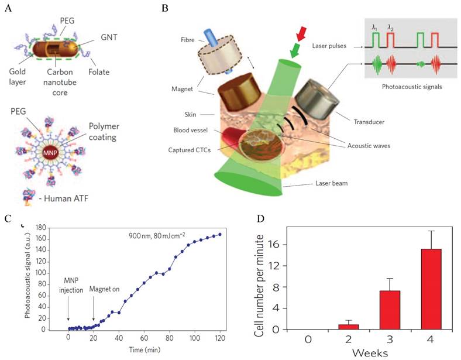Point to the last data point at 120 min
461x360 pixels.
pyautogui.click(x=220, y=234)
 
